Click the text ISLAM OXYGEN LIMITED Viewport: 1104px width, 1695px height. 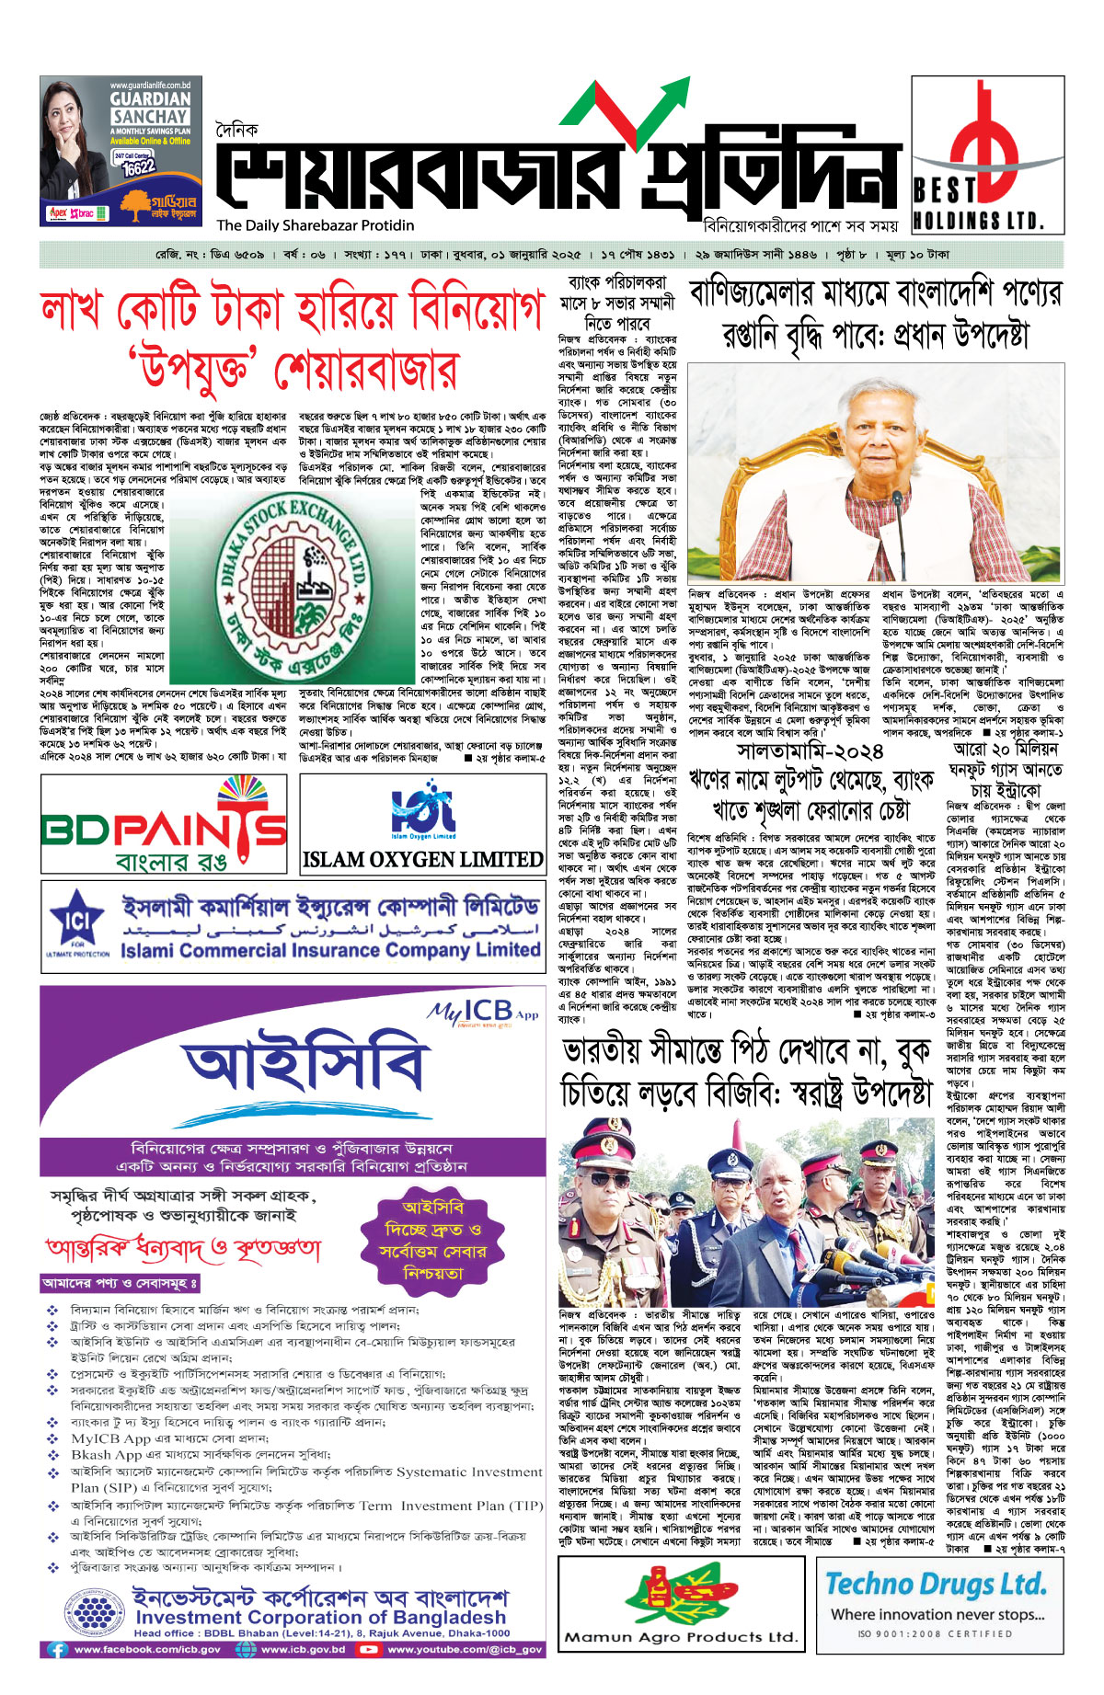tap(422, 859)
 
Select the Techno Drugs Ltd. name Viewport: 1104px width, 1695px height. tap(936, 1585)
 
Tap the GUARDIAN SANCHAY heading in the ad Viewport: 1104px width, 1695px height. tap(151, 107)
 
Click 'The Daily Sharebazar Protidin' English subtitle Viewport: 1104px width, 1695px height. tap(316, 225)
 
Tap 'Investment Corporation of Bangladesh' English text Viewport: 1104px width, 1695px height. tap(320, 1617)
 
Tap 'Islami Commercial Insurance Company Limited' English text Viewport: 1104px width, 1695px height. tap(330, 949)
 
